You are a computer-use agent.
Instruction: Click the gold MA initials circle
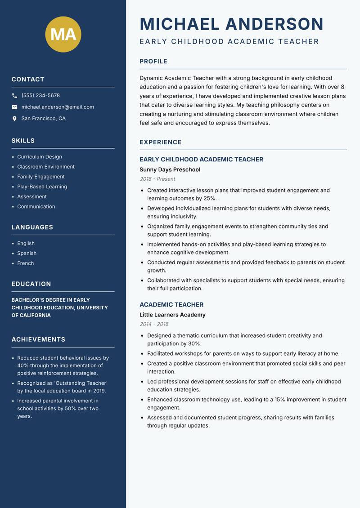pos(63,34)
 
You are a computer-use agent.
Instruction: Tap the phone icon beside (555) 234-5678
pos(14,96)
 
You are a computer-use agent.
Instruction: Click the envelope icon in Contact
pos(14,107)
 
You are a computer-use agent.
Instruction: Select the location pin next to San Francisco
pos(14,119)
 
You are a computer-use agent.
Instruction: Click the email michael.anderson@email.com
pos(58,107)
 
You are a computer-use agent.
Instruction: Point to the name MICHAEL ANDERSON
pos(231,24)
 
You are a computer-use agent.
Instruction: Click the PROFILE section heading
pos(153,62)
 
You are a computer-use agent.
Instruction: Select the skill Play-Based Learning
pos(42,187)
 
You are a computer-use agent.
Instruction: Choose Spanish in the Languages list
pos(27,253)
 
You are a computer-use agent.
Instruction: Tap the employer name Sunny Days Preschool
pos(170,169)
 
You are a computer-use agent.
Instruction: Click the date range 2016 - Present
pos(157,179)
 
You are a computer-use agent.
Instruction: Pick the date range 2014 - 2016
pos(154,324)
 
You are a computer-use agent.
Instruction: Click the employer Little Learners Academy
pos(172,315)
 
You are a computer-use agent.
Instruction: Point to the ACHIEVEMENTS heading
pos(38,339)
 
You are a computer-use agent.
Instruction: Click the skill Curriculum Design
pos(40,157)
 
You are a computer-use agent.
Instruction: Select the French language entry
pos(25,263)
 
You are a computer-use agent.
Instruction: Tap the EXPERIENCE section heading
pos(161,142)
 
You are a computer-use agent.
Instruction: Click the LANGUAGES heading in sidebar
pos(32,227)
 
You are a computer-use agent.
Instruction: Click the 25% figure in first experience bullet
pos(210,198)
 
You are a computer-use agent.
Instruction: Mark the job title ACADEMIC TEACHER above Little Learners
pos(171,304)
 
